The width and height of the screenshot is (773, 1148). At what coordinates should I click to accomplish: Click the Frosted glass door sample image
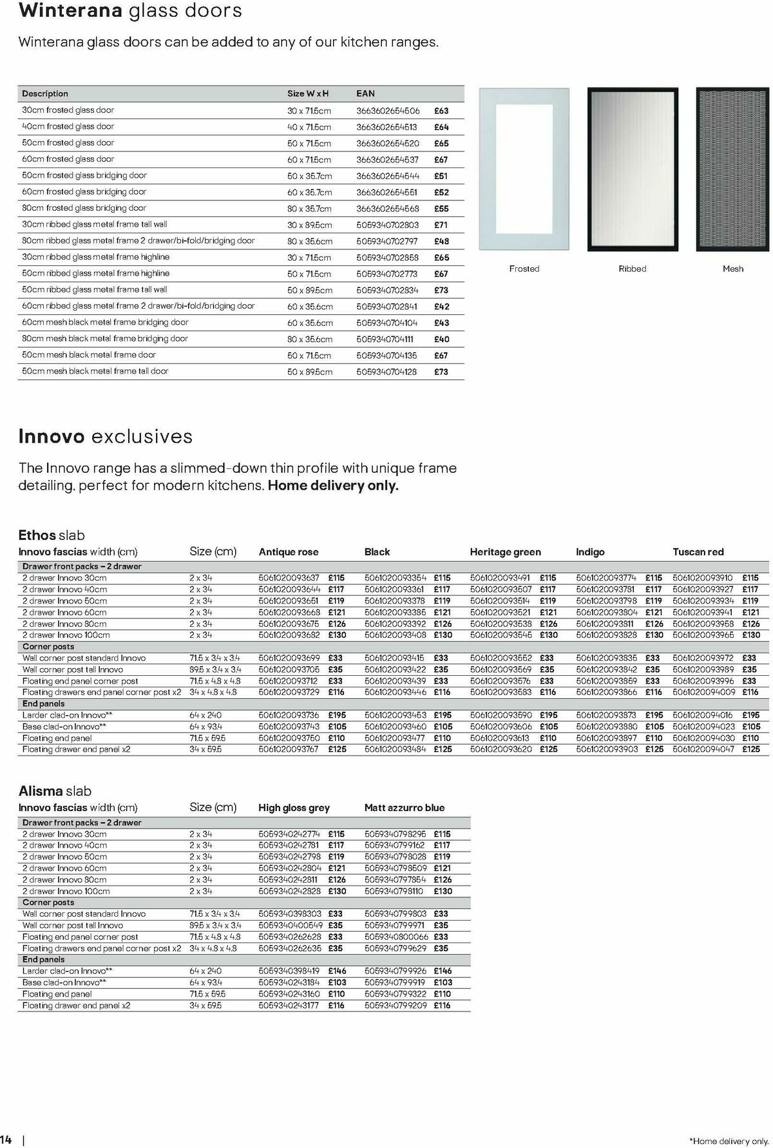524,169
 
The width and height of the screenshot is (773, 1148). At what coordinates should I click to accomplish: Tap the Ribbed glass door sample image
632,169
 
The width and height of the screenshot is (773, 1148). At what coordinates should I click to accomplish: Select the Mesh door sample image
733,169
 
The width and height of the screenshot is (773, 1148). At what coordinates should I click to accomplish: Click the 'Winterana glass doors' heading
131,11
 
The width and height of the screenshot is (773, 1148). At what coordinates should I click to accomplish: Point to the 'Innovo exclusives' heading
106,436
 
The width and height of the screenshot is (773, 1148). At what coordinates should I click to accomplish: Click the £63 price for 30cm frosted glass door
441,111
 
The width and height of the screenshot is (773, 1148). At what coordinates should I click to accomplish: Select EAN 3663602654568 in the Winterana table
387,209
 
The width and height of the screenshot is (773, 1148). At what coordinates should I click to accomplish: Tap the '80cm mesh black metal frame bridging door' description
105,338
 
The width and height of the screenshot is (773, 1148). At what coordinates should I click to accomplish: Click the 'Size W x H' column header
308,93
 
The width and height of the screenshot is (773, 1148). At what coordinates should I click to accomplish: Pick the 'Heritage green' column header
505,552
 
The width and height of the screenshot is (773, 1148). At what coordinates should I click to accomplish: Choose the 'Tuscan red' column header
698,552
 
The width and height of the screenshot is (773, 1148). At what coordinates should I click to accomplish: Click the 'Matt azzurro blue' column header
405,808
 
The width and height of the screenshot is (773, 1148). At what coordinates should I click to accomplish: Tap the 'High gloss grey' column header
294,808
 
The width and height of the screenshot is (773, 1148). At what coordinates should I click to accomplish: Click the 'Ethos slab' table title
52,535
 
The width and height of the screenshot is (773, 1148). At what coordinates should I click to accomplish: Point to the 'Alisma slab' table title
55,791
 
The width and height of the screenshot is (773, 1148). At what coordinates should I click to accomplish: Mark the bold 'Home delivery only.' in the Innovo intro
333,486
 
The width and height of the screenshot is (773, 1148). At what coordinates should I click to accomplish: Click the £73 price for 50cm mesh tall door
441,372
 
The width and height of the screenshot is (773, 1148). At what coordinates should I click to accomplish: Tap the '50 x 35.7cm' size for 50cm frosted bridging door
310,176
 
